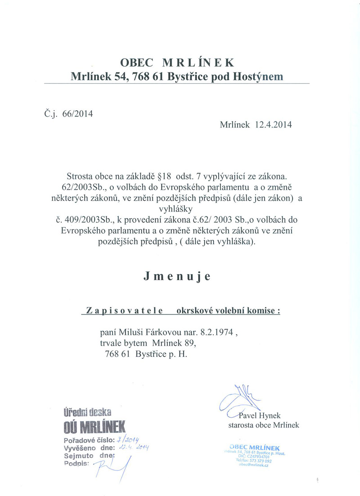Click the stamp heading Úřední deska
[x=87, y=410]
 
